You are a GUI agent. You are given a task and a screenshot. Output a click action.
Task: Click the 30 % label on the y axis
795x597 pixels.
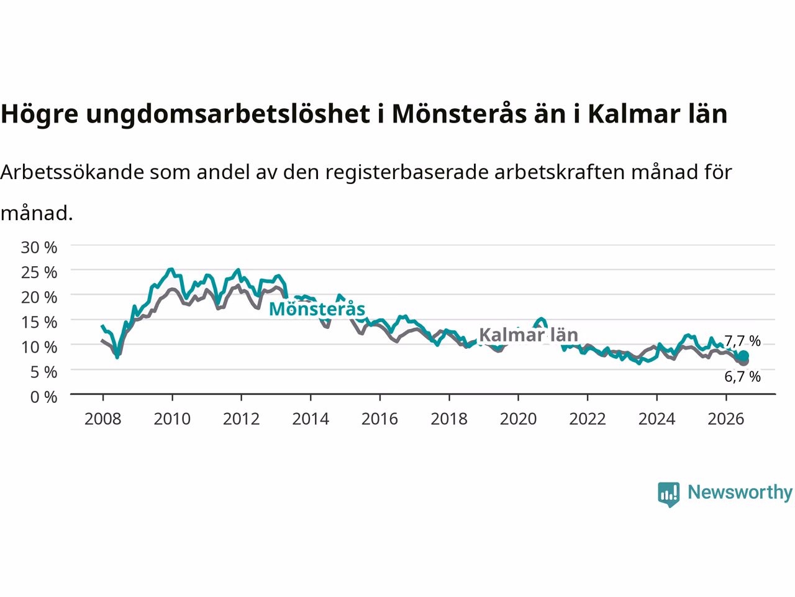[x=39, y=248]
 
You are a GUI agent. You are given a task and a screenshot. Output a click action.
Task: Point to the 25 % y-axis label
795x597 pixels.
[x=39, y=272]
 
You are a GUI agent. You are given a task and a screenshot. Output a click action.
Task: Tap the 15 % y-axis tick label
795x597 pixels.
[x=39, y=322]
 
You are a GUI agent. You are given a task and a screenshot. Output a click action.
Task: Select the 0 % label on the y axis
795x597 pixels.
[x=44, y=397]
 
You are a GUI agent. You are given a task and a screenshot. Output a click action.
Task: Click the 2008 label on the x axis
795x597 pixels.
[x=103, y=419]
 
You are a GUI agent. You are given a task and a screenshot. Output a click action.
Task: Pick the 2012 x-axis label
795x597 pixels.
[x=241, y=419]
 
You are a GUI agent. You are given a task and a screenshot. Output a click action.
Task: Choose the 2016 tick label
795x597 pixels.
[x=379, y=419]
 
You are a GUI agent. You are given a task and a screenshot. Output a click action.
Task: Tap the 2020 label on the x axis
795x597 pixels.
[x=518, y=419]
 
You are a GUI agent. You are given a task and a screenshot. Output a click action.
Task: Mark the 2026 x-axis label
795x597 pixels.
[x=726, y=419]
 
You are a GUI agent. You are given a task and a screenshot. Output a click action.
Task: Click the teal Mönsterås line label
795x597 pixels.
[x=317, y=309]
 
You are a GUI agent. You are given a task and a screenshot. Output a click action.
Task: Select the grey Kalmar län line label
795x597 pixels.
[x=529, y=335]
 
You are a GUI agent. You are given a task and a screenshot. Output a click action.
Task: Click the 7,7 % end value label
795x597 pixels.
[x=742, y=341]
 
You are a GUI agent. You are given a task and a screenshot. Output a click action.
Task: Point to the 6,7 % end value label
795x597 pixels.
[x=742, y=377]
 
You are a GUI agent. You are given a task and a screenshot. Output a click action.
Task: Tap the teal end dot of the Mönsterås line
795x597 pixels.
[x=743, y=356]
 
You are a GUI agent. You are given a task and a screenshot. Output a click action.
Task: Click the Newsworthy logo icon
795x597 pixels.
[x=668, y=494]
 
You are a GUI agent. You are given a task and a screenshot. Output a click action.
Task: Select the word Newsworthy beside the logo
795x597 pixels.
[x=740, y=492]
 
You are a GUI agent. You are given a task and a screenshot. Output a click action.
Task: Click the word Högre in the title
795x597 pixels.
[x=40, y=114]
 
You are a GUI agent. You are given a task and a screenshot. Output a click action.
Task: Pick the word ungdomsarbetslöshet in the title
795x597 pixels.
[x=228, y=114]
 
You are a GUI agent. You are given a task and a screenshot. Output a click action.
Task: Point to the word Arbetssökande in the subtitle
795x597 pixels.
[x=72, y=172]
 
